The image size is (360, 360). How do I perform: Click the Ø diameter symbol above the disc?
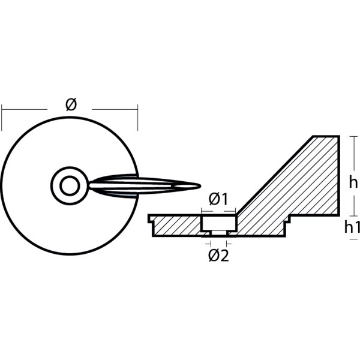(x=71, y=105)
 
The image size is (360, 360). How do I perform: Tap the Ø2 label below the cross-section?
(x=218, y=255)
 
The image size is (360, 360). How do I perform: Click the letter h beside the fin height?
(x=353, y=184)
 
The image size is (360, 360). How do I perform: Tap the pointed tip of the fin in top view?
(x=199, y=185)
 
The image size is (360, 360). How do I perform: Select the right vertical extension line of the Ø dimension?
(x=138, y=118)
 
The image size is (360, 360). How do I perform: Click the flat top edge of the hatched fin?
(x=326, y=136)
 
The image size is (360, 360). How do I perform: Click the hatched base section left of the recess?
(x=177, y=226)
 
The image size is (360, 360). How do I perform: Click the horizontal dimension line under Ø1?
(x=218, y=211)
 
